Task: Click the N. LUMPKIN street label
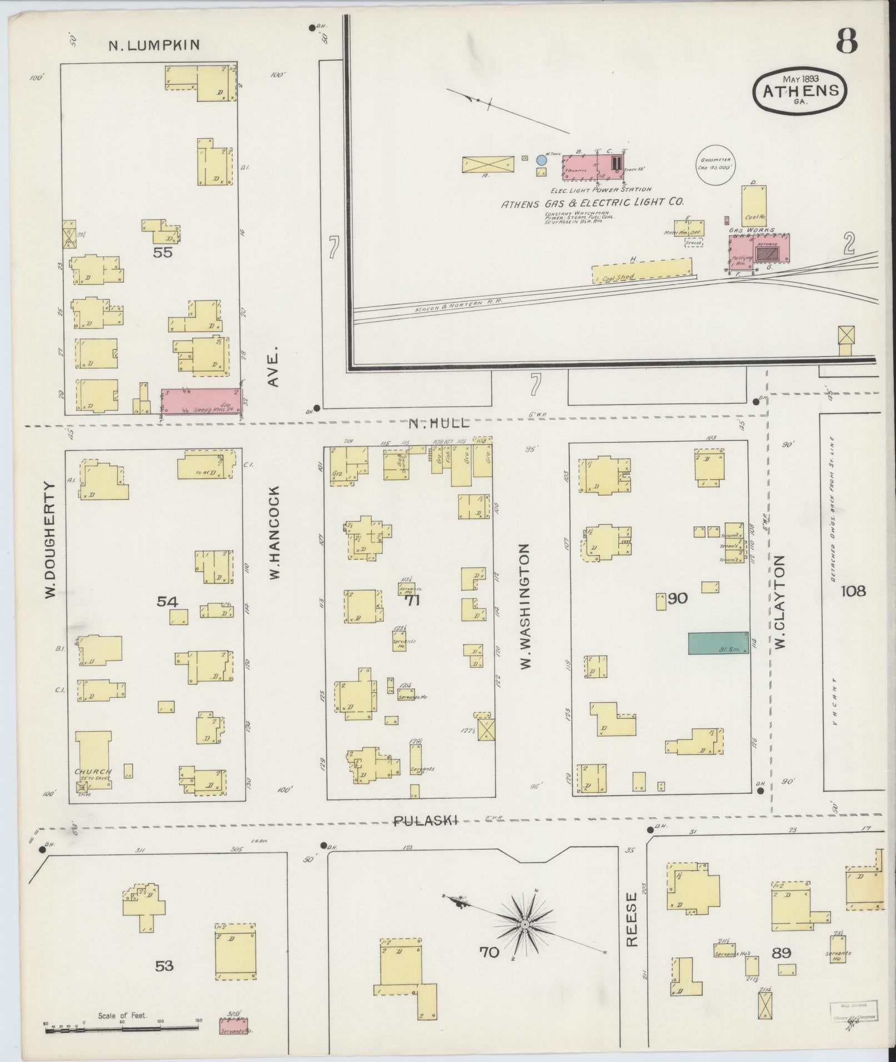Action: click(x=153, y=46)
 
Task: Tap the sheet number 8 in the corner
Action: click(x=846, y=41)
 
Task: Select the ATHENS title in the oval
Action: click(x=800, y=91)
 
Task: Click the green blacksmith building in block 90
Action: click(x=718, y=643)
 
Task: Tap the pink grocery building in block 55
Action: click(x=202, y=400)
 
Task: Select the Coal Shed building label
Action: click(x=620, y=277)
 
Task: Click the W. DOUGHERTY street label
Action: click(x=51, y=540)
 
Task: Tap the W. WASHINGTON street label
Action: click(x=525, y=606)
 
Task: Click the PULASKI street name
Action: click(x=426, y=821)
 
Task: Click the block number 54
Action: click(x=167, y=601)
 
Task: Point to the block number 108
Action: click(x=853, y=591)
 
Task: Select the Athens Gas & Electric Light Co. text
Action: click(x=592, y=203)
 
